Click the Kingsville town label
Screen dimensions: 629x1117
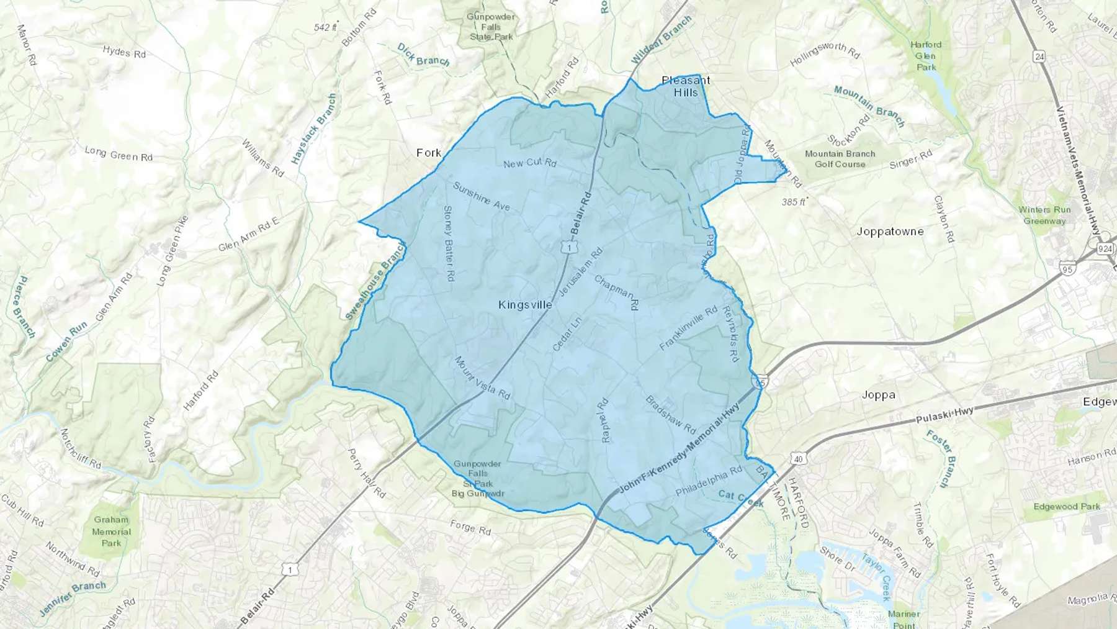[525, 305]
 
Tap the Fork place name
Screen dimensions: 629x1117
[429, 153]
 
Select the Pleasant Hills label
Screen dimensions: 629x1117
[686, 86]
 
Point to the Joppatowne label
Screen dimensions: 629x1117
[890, 232]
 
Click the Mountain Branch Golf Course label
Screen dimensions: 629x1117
[840, 159]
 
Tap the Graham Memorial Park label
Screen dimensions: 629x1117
[112, 532]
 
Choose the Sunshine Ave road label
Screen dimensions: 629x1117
[482, 196]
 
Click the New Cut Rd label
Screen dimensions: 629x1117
[530, 163]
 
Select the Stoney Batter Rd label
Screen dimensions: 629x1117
[449, 243]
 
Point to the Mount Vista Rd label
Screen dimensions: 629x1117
[482, 378]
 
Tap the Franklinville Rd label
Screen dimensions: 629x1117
[688, 328]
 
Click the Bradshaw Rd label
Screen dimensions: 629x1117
[671, 414]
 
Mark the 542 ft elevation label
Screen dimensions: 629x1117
[325, 27]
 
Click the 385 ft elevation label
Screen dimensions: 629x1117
[794, 202]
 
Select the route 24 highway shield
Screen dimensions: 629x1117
[1039, 57]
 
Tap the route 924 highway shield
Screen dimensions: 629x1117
[1105, 249]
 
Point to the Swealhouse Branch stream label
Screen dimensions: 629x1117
[375, 281]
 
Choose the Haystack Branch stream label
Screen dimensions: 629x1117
[315, 129]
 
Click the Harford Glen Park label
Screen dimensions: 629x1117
[926, 56]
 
